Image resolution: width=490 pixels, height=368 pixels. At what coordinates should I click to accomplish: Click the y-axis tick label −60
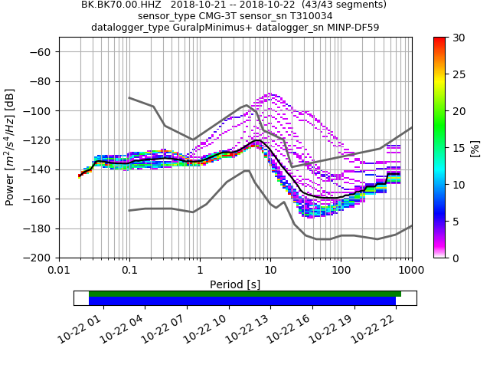pos(43,52)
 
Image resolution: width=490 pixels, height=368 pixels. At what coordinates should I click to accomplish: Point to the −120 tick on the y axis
pos(40,140)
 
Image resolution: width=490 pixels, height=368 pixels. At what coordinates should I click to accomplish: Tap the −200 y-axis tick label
pos(40,258)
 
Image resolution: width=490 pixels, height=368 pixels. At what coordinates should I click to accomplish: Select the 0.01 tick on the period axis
pos(59,270)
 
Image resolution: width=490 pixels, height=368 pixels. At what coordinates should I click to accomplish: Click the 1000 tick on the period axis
pos(411,270)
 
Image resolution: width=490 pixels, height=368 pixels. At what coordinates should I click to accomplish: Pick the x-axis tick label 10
pos(270,270)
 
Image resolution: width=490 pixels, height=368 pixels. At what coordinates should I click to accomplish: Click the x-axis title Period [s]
pos(235,284)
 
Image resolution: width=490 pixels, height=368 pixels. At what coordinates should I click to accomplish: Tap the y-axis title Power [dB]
pos(11,147)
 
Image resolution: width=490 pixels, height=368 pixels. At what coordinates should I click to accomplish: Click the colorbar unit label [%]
pos(475,147)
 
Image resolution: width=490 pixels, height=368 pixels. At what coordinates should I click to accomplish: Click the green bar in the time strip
pos(245,294)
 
